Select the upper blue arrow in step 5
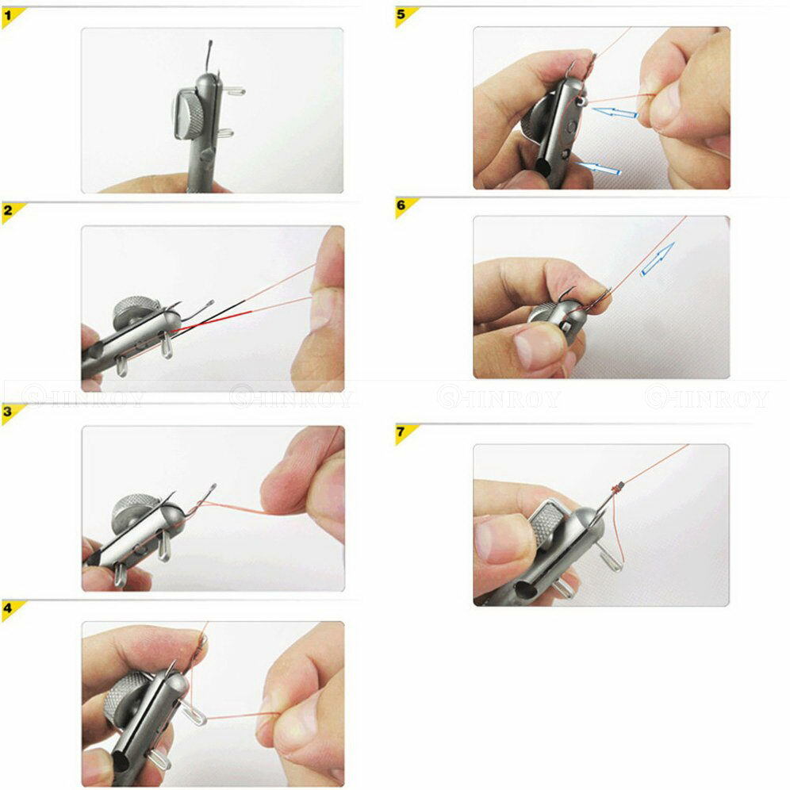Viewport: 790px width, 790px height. (x=616, y=113)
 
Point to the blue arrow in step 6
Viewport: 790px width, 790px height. (x=658, y=259)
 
